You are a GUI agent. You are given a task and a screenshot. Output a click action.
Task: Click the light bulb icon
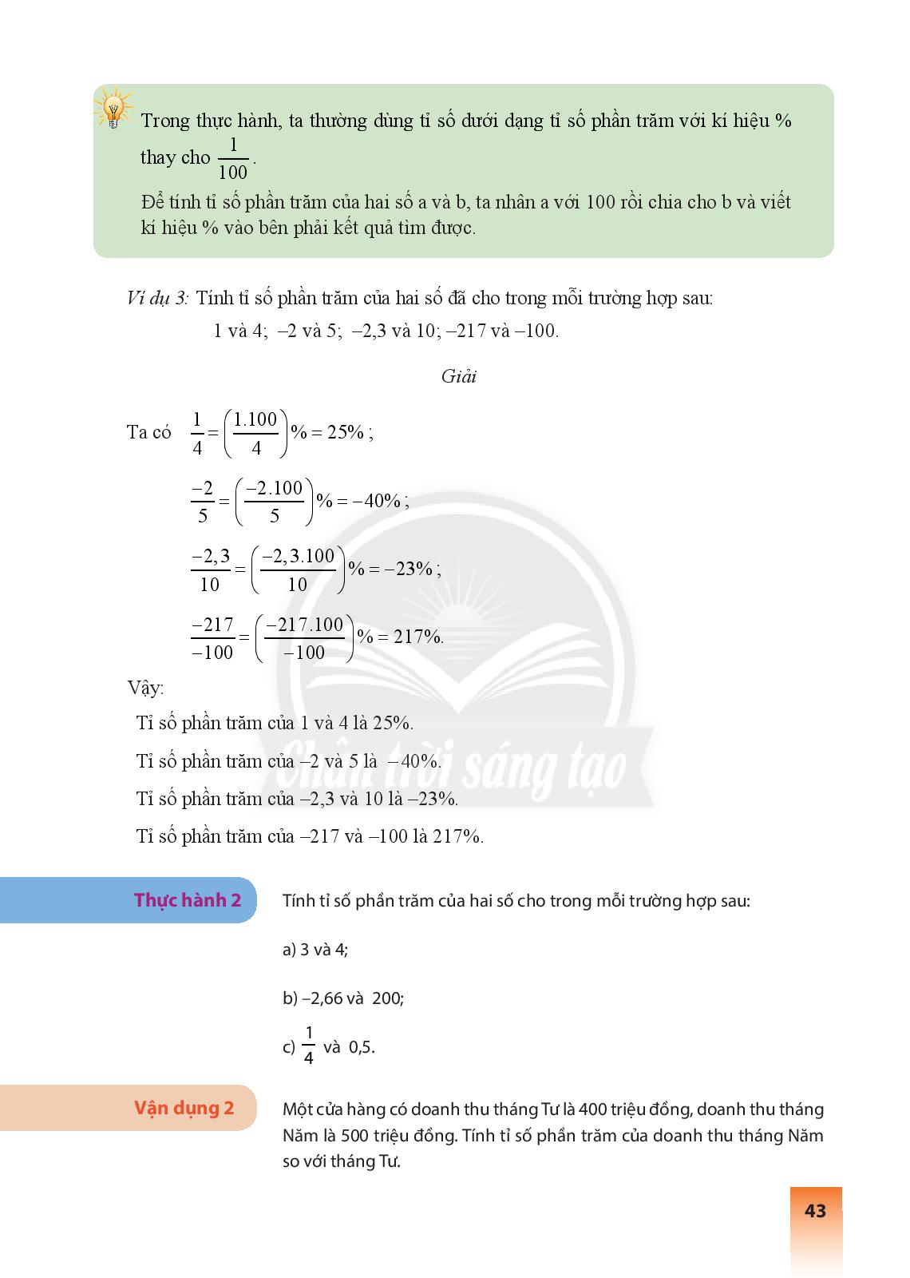pyautogui.click(x=113, y=108)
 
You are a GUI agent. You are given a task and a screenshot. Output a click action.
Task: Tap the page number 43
pyautogui.click(x=815, y=1211)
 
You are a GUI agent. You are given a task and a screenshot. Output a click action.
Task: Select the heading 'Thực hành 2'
pyautogui.click(x=188, y=900)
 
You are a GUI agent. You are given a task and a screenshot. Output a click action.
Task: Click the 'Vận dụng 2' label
pyautogui.click(x=184, y=1108)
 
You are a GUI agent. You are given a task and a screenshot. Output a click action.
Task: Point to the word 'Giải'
pyautogui.click(x=458, y=377)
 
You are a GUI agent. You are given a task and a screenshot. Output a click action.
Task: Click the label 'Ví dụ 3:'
pyautogui.click(x=157, y=299)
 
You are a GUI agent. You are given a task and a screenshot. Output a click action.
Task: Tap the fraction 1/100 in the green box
pyautogui.click(x=233, y=159)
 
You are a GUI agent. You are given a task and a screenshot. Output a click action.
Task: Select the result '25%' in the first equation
pyautogui.click(x=345, y=432)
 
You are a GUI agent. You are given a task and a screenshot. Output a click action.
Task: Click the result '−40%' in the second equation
pyautogui.click(x=378, y=501)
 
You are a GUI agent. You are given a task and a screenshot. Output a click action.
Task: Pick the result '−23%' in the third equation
pyautogui.click(x=411, y=569)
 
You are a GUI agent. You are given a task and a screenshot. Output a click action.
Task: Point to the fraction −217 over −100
pyautogui.click(x=212, y=638)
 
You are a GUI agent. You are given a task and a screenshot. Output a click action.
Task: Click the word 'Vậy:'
pyautogui.click(x=145, y=688)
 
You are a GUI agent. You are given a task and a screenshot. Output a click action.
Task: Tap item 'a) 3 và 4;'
pyautogui.click(x=315, y=950)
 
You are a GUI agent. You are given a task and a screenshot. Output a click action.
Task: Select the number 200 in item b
pyautogui.click(x=386, y=998)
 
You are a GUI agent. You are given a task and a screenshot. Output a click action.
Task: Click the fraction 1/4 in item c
pyautogui.click(x=308, y=1045)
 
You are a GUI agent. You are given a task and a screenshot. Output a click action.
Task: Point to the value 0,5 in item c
pyautogui.click(x=361, y=1048)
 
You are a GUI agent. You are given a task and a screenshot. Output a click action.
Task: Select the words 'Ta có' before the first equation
pyautogui.click(x=149, y=432)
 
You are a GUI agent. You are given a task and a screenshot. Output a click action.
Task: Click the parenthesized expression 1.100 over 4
pyautogui.click(x=255, y=433)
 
